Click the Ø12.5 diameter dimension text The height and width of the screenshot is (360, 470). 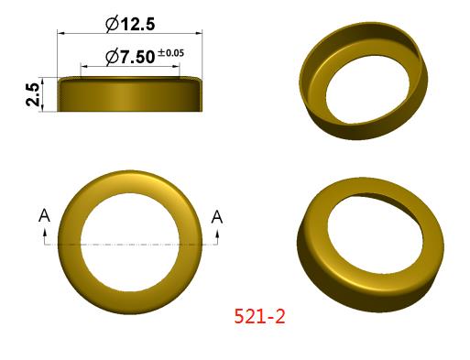click(x=130, y=24)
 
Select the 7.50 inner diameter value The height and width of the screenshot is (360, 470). click(x=137, y=57)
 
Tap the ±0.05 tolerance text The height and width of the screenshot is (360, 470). click(x=171, y=53)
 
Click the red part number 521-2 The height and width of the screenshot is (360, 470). click(x=259, y=316)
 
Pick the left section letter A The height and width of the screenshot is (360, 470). click(x=44, y=216)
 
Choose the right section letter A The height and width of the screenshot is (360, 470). click(x=217, y=217)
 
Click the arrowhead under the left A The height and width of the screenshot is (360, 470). click(x=45, y=233)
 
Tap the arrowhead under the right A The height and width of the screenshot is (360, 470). click(x=218, y=234)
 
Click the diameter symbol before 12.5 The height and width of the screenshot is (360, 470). click(x=112, y=25)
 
